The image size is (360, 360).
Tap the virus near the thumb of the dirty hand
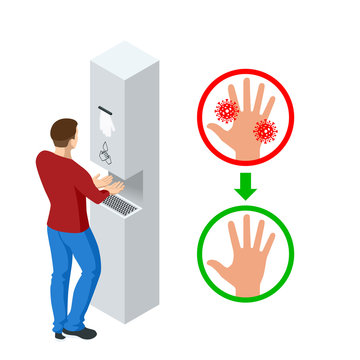pos(226,110)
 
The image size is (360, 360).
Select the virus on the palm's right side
pos(264,130)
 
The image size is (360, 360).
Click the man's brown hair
pos(62,129)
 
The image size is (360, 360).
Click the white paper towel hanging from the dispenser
pos(108,126)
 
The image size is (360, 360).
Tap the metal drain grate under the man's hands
pos(119,204)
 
